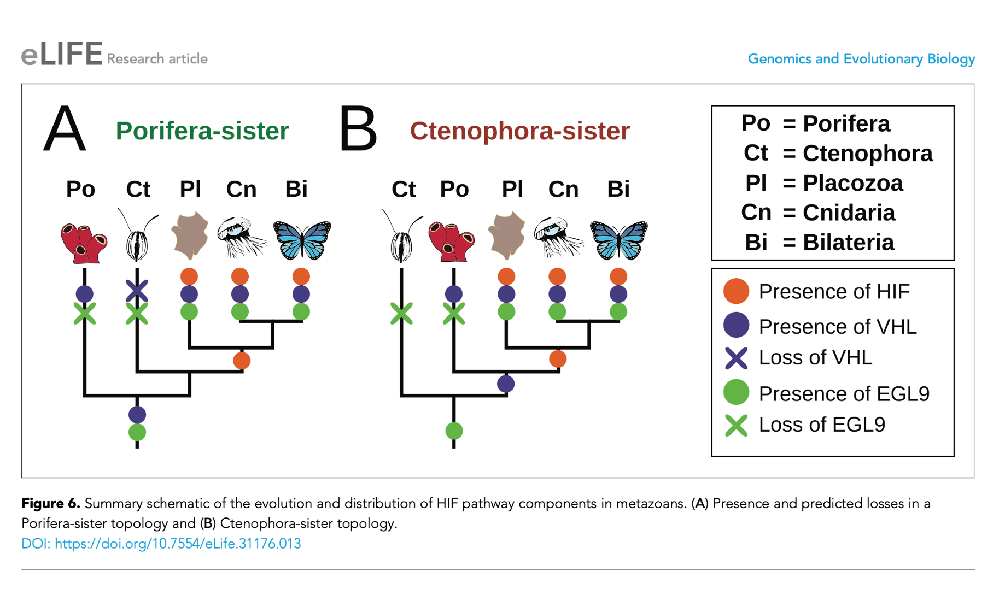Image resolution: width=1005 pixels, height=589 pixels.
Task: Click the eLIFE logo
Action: tap(62, 55)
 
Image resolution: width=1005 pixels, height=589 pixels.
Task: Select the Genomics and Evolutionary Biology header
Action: tap(861, 59)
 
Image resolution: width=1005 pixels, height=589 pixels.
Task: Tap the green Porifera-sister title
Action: tap(202, 131)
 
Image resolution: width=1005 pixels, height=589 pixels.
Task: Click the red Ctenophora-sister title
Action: tap(519, 131)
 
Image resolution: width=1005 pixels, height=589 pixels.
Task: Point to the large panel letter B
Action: tap(358, 130)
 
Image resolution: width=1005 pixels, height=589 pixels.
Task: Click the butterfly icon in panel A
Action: tap(302, 239)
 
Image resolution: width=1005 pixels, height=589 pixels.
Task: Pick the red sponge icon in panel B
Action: tap(451, 241)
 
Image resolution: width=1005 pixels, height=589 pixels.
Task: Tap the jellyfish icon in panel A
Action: tap(241, 236)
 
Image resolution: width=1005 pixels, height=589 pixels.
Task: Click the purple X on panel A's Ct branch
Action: tap(137, 291)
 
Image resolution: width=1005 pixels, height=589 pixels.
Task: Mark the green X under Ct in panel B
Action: tap(401, 314)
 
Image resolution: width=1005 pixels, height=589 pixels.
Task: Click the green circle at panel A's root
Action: tap(137, 432)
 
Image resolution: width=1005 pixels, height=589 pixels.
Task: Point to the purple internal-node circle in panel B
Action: tap(506, 384)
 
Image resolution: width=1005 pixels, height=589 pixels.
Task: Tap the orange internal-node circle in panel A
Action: tap(242, 361)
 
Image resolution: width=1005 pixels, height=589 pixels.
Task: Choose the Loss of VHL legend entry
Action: tap(815, 358)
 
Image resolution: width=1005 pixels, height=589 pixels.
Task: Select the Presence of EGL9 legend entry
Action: tap(844, 393)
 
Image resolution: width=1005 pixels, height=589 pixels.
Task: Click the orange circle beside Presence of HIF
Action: tap(736, 291)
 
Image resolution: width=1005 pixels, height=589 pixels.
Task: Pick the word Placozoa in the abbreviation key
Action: tap(852, 183)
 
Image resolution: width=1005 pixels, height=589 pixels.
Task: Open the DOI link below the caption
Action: tap(161, 544)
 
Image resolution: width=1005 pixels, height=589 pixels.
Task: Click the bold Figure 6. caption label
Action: tap(51, 503)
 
